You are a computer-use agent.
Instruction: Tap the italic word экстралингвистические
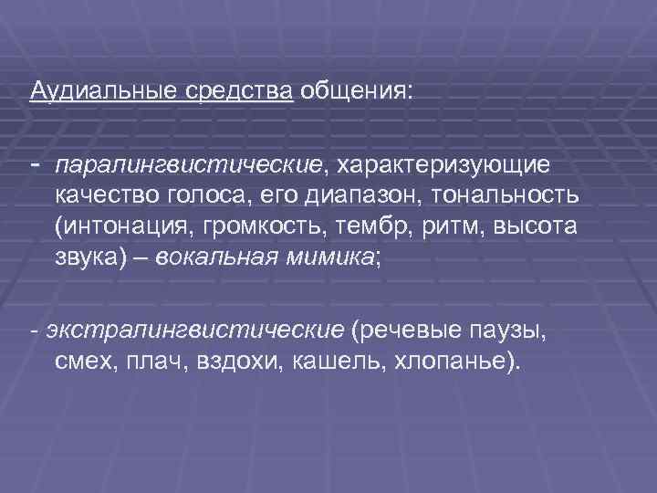(x=193, y=330)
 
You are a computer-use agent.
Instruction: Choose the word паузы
(x=505, y=330)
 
